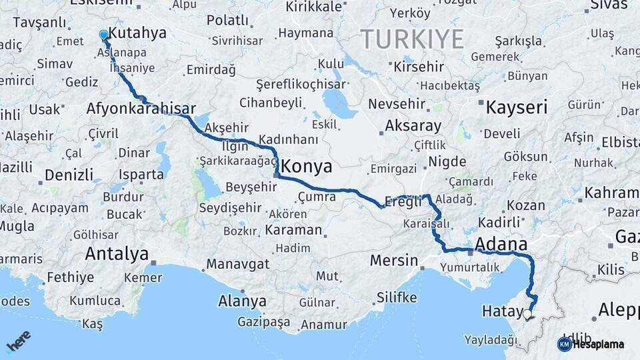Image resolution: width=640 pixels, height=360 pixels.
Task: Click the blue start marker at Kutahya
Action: [103, 35]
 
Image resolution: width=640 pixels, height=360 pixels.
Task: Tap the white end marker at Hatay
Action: [528, 313]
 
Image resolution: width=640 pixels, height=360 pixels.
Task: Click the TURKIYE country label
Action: [412, 40]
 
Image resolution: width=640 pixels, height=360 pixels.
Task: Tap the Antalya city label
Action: [117, 253]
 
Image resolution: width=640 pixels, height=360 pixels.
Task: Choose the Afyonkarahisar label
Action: [141, 109]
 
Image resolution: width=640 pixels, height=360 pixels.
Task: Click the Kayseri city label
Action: [516, 107]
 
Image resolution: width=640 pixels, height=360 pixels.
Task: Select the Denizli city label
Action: [69, 175]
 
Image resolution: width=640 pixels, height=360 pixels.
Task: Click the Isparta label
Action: [141, 175]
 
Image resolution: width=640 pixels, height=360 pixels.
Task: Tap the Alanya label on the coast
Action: [242, 301]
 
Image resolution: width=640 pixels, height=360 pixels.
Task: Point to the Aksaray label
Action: [413, 126]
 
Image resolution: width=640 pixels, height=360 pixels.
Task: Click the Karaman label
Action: [293, 230]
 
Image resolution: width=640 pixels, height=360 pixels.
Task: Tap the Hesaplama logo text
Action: [598, 345]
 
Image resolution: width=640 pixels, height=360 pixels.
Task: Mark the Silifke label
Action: [397, 297]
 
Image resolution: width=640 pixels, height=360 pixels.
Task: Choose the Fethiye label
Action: [70, 277]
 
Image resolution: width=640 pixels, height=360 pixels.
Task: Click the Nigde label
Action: [447, 161]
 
